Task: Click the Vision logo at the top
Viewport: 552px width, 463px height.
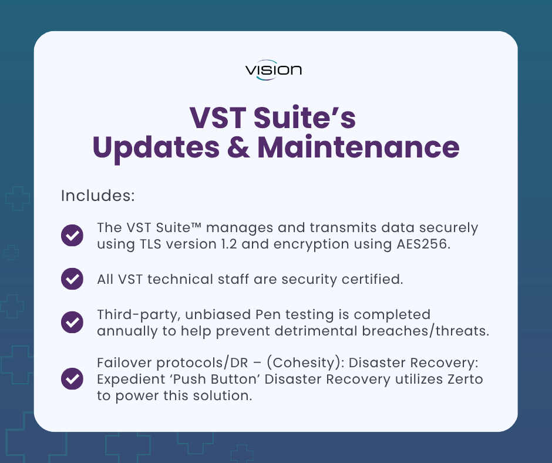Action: pyautogui.click(x=274, y=71)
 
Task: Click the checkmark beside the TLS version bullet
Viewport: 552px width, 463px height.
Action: pyautogui.click(x=72, y=236)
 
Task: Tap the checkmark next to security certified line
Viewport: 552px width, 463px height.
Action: pyautogui.click(x=72, y=279)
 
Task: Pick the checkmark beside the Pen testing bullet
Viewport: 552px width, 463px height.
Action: pyautogui.click(x=72, y=322)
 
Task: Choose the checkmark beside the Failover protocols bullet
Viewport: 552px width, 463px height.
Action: pyautogui.click(x=72, y=378)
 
